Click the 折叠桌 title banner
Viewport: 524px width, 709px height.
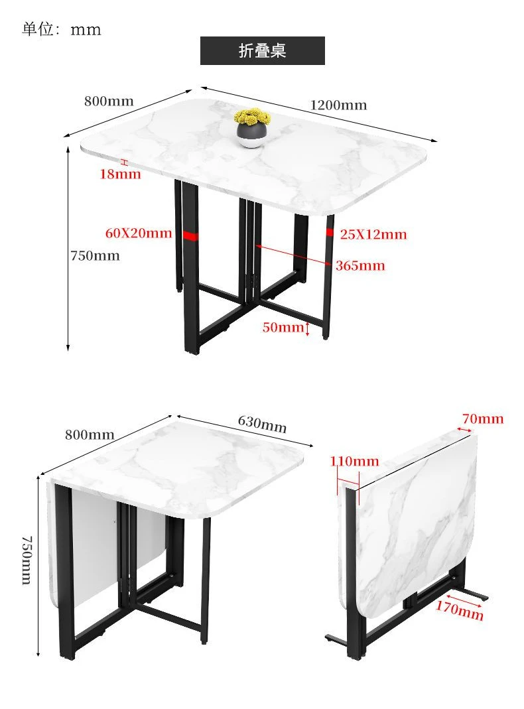(262, 50)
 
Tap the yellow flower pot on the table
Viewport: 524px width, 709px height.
(252, 128)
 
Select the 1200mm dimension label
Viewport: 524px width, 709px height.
(338, 105)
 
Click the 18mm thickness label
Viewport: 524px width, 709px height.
(120, 174)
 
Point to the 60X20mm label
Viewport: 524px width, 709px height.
(139, 233)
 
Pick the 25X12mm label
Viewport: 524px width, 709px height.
(373, 234)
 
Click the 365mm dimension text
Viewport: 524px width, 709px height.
(360, 265)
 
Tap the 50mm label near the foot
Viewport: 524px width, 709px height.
(283, 327)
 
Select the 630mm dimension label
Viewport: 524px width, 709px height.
(262, 424)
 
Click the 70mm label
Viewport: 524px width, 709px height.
(483, 419)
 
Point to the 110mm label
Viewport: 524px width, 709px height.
(354, 461)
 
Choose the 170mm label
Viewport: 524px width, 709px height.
(460, 610)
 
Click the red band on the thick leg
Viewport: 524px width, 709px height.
(190, 236)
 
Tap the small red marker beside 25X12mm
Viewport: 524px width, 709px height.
(330, 232)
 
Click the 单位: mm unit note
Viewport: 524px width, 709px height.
(62, 29)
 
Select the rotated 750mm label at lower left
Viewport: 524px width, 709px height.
(28, 560)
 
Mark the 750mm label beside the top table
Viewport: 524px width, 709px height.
(95, 256)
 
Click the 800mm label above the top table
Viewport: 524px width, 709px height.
(109, 101)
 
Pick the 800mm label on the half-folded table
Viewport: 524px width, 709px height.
(90, 435)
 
